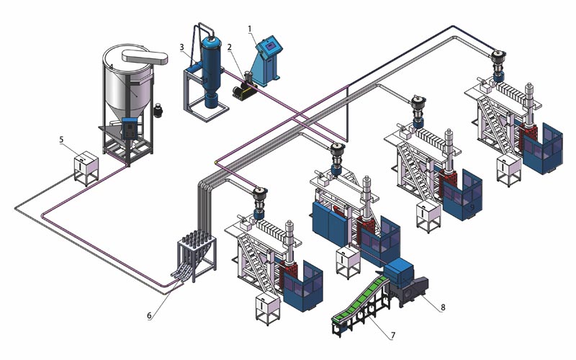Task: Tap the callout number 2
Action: tap(229, 48)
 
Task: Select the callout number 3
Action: tap(183, 48)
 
